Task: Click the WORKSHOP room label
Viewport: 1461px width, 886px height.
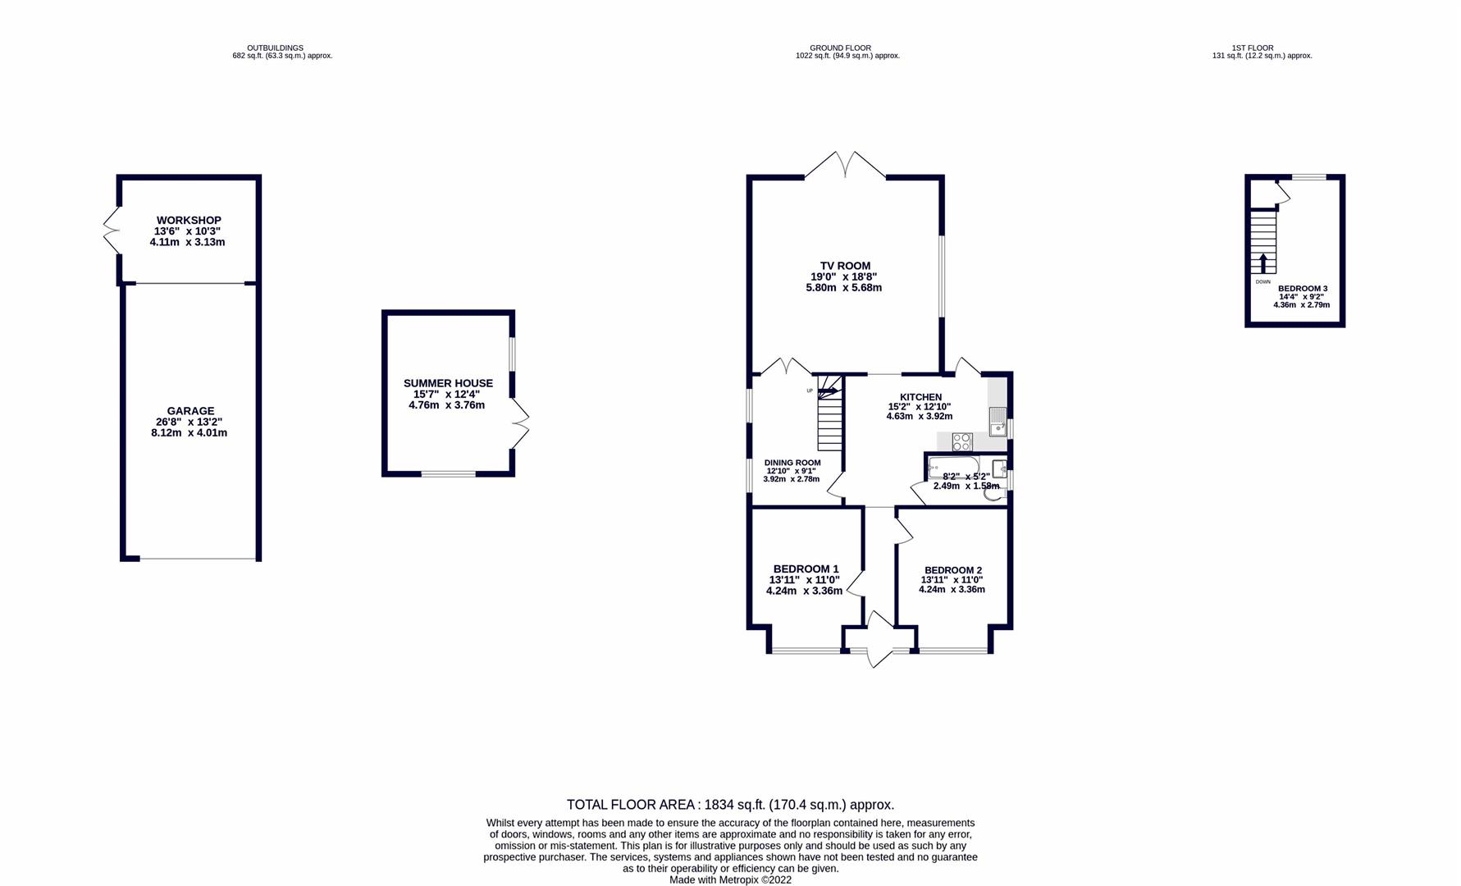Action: click(x=189, y=220)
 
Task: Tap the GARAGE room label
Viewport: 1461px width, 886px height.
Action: click(x=190, y=411)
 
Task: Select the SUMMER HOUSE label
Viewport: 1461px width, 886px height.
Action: click(x=448, y=383)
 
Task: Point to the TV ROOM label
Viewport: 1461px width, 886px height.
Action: click(x=845, y=266)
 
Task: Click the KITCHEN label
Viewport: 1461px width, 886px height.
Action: click(x=920, y=397)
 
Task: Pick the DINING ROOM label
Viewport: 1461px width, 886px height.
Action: click(x=792, y=463)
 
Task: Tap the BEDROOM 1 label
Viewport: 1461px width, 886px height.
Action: click(x=806, y=569)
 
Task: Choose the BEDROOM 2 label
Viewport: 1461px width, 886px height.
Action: click(x=953, y=570)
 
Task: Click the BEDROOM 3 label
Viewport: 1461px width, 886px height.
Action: click(x=1303, y=289)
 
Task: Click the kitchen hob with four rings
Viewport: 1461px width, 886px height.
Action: click(x=962, y=441)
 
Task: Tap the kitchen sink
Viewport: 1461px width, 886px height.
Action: click(x=998, y=422)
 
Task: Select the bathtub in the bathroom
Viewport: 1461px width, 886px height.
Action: click(x=953, y=468)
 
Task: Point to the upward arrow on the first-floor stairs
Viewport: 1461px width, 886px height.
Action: click(x=1262, y=263)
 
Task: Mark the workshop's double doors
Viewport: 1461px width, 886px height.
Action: click(x=112, y=230)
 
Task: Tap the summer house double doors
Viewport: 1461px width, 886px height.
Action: click(x=520, y=423)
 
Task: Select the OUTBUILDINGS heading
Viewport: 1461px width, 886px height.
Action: click(x=276, y=48)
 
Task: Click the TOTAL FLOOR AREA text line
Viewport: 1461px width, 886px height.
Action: click(x=730, y=805)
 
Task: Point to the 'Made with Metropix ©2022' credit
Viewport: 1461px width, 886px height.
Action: click(x=730, y=880)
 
